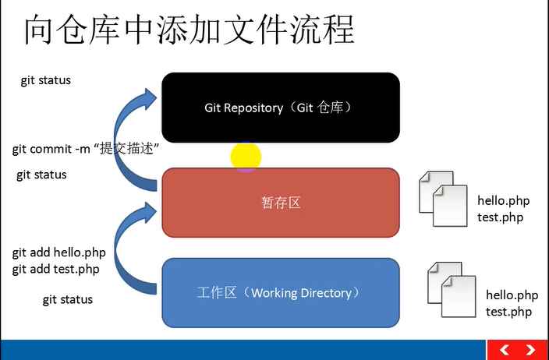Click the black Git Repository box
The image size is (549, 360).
(x=281, y=108)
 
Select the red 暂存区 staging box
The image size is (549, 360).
(x=281, y=203)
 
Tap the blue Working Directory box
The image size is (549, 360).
(x=281, y=293)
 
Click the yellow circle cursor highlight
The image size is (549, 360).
(x=246, y=157)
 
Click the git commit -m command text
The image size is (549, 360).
(x=86, y=148)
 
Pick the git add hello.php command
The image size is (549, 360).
(x=59, y=253)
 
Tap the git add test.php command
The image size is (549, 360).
(x=56, y=270)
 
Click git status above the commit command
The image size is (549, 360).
(x=46, y=80)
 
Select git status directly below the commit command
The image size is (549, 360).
(x=41, y=175)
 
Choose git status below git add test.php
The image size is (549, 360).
(x=67, y=299)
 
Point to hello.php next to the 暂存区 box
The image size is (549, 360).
(x=504, y=201)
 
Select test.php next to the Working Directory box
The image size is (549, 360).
(x=508, y=312)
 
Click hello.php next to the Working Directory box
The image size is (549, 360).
(x=512, y=295)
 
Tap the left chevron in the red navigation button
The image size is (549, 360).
(x=505, y=350)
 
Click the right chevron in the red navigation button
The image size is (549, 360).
(x=530, y=350)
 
